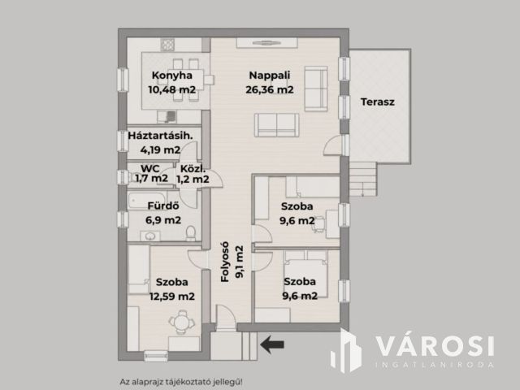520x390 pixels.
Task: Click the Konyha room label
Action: click(171, 76)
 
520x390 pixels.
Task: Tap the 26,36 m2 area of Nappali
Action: click(269, 89)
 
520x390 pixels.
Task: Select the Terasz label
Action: click(377, 102)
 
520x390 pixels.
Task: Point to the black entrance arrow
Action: click(272, 344)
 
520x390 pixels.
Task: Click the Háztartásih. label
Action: click(160, 136)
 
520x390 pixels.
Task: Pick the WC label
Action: click(149, 168)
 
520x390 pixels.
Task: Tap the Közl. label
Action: click(193, 168)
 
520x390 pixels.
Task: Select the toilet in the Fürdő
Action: click(190, 233)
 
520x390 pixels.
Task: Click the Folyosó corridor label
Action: click(225, 262)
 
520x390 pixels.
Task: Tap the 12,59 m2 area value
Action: click(171, 296)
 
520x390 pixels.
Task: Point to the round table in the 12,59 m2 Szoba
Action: click(181, 322)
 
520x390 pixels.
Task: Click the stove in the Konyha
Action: click(167, 44)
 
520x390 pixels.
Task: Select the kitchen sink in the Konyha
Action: click(167, 117)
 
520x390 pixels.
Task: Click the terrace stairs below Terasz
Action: click(363, 180)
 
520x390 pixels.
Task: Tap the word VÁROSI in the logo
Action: click(435, 347)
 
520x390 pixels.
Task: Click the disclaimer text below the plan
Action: click(181, 382)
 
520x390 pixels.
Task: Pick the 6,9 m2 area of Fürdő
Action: click(163, 220)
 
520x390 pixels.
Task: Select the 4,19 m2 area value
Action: click(160, 149)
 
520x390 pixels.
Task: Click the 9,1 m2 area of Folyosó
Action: click(240, 262)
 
